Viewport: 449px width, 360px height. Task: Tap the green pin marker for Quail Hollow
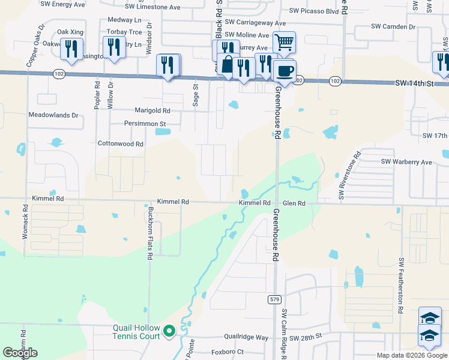[x=169, y=330]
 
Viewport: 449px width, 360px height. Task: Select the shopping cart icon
[x=283, y=42]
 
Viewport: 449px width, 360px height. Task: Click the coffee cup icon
[x=285, y=71]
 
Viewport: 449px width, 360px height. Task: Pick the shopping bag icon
[x=228, y=64]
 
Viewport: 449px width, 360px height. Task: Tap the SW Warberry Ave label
[x=407, y=162]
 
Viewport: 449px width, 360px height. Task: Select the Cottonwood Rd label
[x=121, y=144]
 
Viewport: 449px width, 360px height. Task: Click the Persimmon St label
[x=145, y=124]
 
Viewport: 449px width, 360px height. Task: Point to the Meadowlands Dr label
[x=53, y=115]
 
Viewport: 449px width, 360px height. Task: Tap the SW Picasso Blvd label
[x=314, y=11]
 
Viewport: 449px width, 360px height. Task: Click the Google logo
[x=20, y=353]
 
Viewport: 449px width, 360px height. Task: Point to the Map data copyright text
[x=412, y=355]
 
